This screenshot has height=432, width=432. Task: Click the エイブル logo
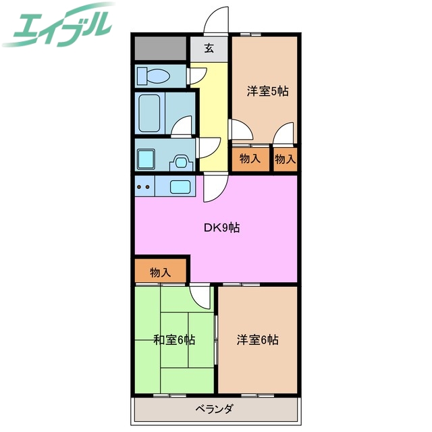58,25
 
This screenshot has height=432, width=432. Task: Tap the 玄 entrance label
209,49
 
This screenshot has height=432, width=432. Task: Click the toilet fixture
153,76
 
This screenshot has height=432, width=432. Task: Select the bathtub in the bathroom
149,113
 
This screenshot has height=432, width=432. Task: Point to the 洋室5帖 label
267,91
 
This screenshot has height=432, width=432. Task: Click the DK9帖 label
222,227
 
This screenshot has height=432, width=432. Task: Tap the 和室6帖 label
174,340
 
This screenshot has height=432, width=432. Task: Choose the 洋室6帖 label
258,340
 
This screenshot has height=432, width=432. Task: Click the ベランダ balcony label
215,408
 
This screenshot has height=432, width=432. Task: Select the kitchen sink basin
180,187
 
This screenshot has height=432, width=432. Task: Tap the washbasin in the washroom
181,162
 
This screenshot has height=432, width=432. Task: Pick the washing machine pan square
146,159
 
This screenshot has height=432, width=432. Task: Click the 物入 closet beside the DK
161,272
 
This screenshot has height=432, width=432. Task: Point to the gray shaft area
161,48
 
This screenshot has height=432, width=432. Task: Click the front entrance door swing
216,20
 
